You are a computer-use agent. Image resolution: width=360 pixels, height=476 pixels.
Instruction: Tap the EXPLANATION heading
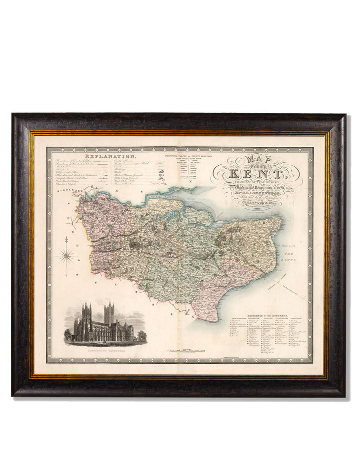106,149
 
